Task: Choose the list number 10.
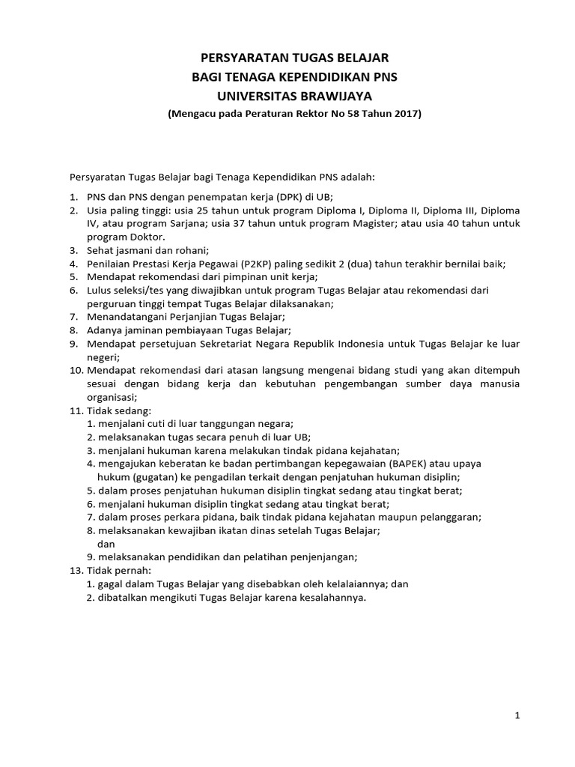pos(76,371)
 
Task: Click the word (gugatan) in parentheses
pos(152,476)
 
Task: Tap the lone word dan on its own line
pos(106,544)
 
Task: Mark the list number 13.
pos(76,570)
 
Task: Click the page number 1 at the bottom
pos(517,716)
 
